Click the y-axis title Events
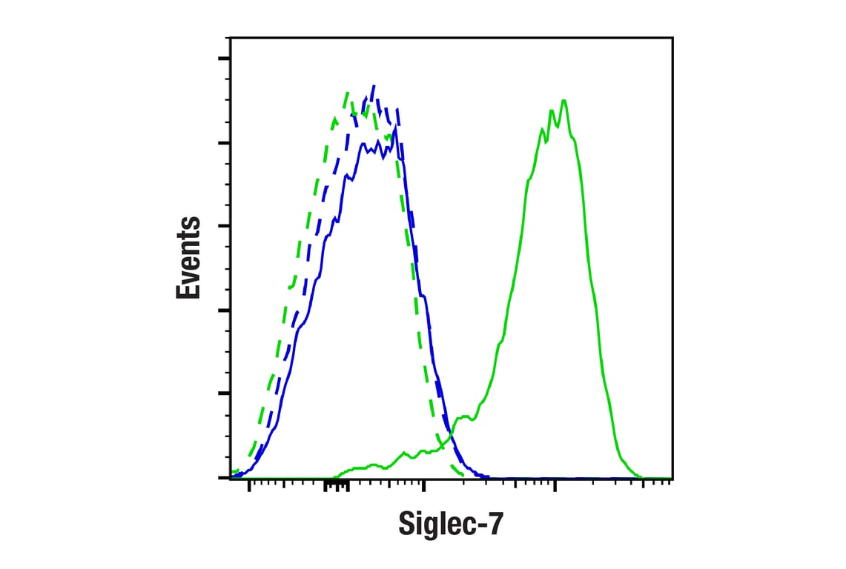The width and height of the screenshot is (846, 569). pyautogui.click(x=188, y=258)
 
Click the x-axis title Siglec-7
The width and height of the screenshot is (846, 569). pyautogui.click(x=451, y=525)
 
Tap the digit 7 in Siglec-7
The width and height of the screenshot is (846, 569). pyautogui.click(x=495, y=525)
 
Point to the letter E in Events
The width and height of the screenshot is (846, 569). pyautogui.click(x=188, y=289)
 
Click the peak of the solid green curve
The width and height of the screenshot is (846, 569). pyautogui.click(x=564, y=100)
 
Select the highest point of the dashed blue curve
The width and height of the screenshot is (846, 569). pyautogui.click(x=374, y=86)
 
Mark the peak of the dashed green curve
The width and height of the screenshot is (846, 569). pyautogui.click(x=346, y=93)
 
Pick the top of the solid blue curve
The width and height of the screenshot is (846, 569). pyautogui.click(x=394, y=127)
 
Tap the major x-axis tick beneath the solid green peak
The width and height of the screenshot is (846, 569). pyautogui.click(x=554, y=485)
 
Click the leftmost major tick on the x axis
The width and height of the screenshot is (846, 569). pyautogui.click(x=248, y=485)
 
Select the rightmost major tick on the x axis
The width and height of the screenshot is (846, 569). pyautogui.click(x=643, y=485)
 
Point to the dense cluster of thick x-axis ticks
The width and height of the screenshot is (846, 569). pyautogui.click(x=336, y=485)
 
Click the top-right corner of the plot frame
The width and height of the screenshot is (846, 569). pyautogui.click(x=672, y=37)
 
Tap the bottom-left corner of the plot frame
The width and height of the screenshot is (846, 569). pyautogui.click(x=231, y=478)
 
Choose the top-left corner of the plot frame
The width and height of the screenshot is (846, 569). pyautogui.click(x=231, y=37)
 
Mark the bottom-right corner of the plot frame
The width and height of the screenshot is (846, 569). pyautogui.click(x=672, y=478)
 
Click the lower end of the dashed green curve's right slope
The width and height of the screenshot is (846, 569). pyautogui.click(x=463, y=474)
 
